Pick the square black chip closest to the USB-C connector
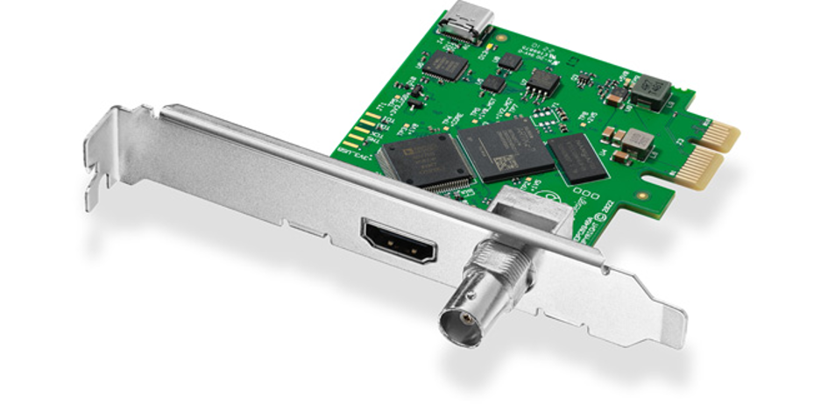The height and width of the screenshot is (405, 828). point(446,65)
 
